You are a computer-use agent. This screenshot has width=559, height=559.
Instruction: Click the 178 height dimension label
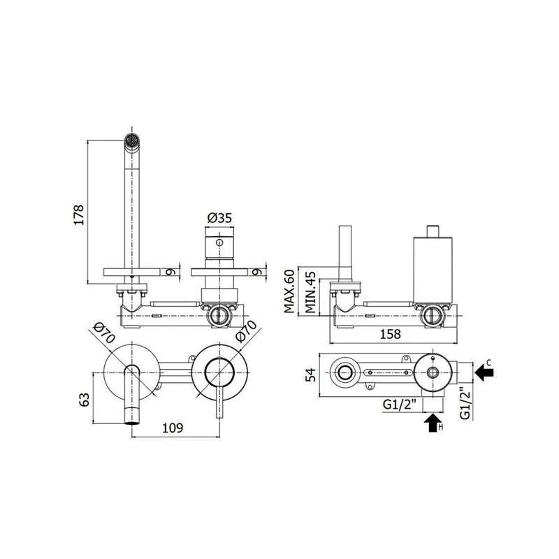78,215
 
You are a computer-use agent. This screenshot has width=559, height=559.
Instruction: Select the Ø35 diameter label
219,217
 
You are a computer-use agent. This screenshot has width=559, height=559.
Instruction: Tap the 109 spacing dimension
173,428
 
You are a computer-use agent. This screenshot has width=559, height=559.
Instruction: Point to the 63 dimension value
84,399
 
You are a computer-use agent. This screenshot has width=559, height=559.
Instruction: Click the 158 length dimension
390,334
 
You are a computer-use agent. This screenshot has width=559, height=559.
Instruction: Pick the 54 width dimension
311,375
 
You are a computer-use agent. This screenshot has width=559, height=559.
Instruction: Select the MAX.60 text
289,291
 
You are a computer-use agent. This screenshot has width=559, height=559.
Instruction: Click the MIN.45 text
310,292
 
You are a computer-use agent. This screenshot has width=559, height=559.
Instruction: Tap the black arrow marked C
484,372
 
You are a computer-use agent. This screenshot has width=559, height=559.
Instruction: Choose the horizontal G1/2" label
399,405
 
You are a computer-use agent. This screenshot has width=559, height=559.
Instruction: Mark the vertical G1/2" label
465,403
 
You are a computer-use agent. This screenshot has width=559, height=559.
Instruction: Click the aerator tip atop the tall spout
132,139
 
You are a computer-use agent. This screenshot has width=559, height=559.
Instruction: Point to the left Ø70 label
103,333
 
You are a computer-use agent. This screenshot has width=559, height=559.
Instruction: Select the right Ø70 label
246,331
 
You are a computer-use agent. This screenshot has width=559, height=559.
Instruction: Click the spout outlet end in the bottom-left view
132,423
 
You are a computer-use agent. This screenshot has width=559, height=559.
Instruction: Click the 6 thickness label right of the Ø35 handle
256,272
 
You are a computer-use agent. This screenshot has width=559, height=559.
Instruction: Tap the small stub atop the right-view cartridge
433,231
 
